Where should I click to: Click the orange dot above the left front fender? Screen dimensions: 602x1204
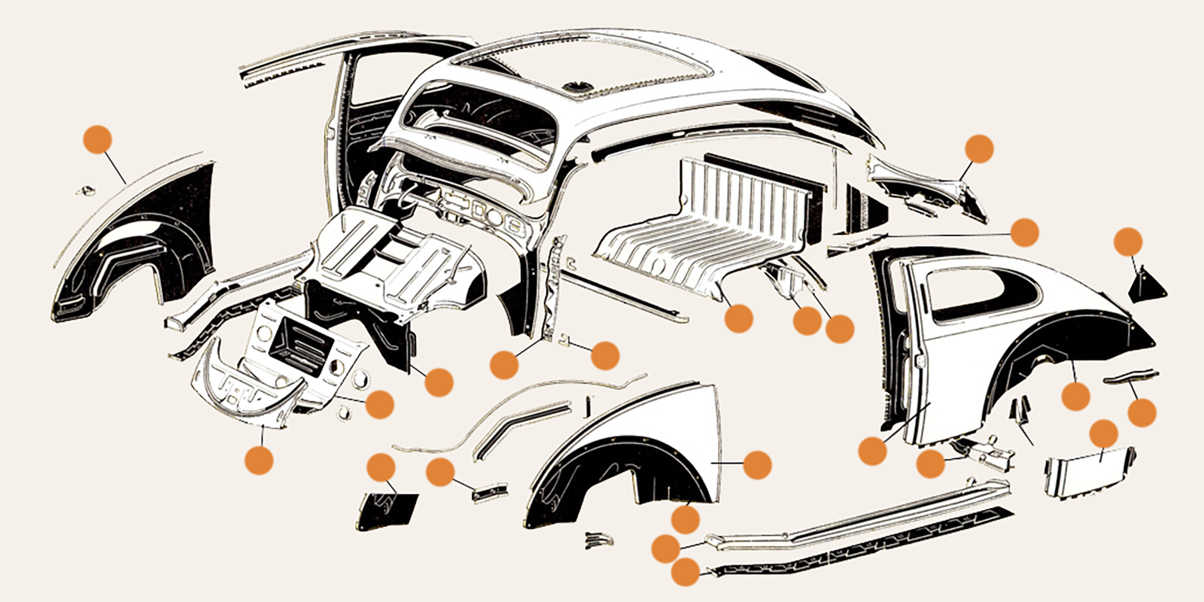click(x=98, y=139)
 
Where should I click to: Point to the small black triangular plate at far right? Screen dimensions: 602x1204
click(x=1147, y=284)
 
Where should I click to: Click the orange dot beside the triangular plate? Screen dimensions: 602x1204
click(x=1127, y=242)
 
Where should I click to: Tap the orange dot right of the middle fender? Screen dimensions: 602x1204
click(x=757, y=465)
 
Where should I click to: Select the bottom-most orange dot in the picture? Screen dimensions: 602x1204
click(x=685, y=572)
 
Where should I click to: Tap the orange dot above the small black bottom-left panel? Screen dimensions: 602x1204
click(x=381, y=467)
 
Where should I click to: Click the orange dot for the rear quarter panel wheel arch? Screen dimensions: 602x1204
click(x=1076, y=397)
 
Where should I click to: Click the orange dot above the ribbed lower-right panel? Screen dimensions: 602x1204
click(x=1103, y=433)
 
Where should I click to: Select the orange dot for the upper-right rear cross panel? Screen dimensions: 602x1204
click(x=979, y=148)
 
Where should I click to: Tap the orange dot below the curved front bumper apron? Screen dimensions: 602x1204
click(x=259, y=460)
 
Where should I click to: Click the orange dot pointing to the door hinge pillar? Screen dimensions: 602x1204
click(x=504, y=365)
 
